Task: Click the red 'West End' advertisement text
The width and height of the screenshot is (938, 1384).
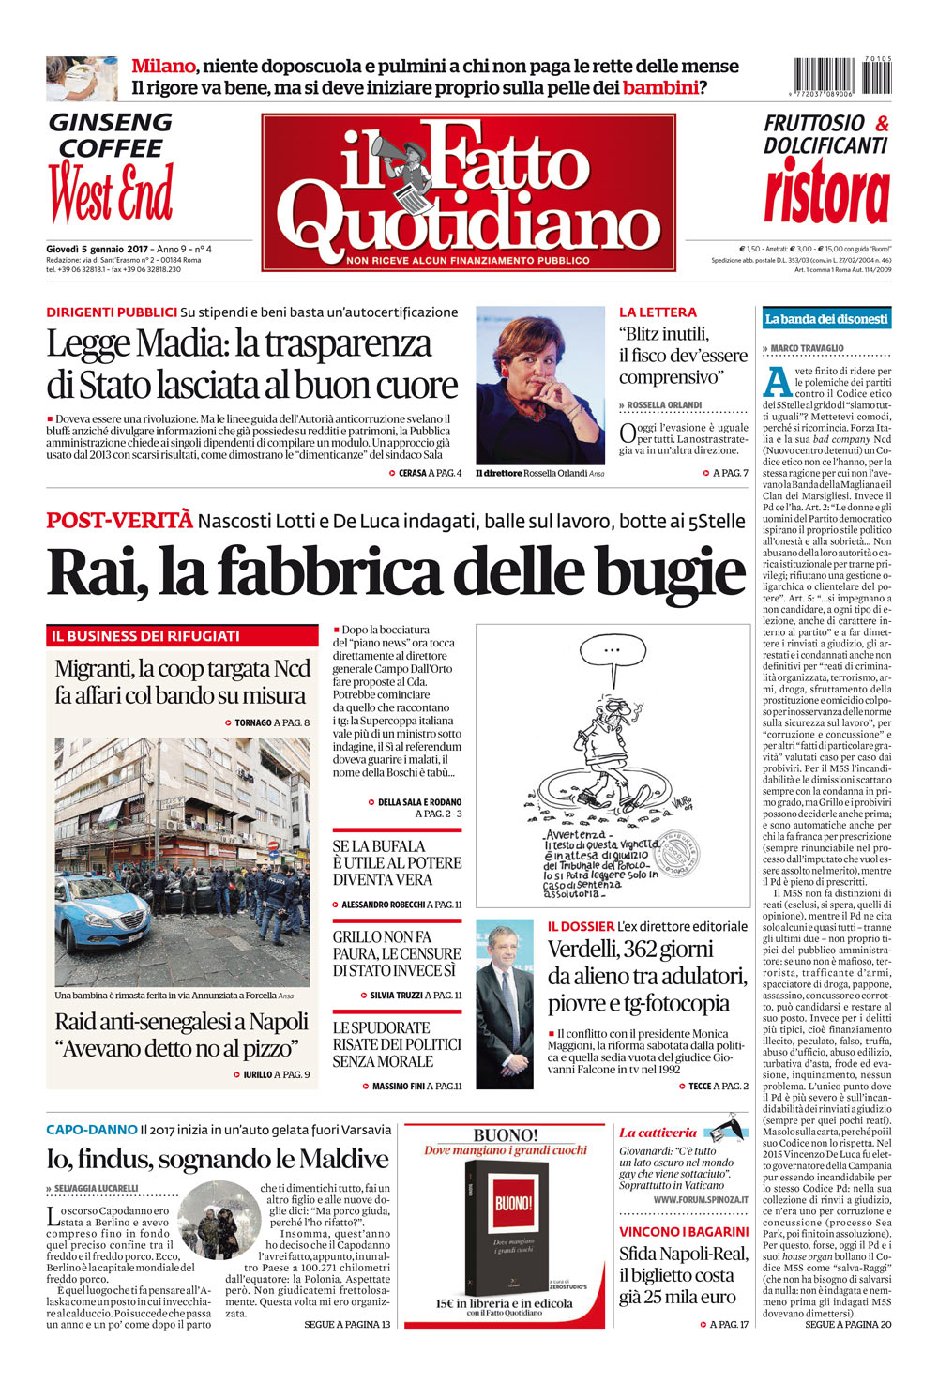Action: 111,193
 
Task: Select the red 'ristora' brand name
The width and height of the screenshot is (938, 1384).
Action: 825,191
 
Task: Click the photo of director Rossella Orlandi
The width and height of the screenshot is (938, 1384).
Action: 539,385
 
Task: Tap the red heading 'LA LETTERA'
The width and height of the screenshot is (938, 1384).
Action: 658,312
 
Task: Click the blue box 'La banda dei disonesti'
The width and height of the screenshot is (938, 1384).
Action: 825,319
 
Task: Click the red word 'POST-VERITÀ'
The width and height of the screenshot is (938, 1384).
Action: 119,520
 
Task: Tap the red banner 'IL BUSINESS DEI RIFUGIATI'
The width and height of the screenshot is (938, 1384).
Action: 145,636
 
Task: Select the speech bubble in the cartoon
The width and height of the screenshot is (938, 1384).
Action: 612,651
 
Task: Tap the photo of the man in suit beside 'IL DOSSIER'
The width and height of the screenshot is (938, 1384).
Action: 505,1004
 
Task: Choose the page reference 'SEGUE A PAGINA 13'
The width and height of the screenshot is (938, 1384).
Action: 347,1324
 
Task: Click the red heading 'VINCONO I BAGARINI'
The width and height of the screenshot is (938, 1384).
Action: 684,1231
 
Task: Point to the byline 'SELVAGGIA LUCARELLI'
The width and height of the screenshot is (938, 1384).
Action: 96,1188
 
